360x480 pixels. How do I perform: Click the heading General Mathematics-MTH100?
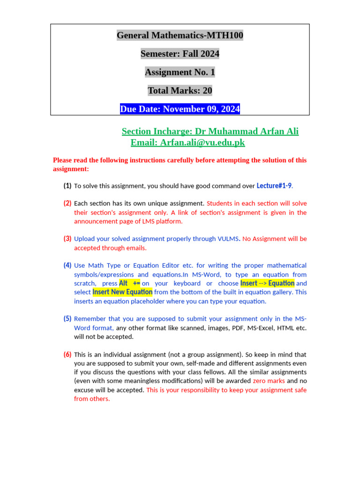tap(180, 35)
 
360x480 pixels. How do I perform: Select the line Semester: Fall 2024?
tap(180, 54)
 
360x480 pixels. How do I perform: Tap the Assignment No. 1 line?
tap(180, 72)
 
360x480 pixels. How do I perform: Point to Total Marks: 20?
tap(180, 90)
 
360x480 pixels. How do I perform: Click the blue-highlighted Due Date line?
tap(180, 109)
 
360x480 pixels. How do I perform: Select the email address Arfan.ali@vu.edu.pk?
tap(202, 142)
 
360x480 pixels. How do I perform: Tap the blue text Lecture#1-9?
tap(274, 186)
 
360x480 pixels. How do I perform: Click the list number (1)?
tap(67, 186)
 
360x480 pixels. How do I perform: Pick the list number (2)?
tap(67, 203)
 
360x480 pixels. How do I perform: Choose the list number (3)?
tap(67, 239)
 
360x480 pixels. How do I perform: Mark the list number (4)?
tap(67, 265)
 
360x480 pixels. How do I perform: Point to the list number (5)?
tap(67, 319)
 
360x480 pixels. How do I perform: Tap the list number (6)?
tap(67, 354)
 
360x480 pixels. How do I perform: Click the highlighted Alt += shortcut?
tap(130, 283)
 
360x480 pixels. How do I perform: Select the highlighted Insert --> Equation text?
tap(267, 283)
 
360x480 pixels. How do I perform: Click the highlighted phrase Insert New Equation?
tap(122, 292)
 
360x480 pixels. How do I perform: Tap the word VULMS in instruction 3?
tap(228, 239)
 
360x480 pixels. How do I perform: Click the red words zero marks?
tap(269, 381)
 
